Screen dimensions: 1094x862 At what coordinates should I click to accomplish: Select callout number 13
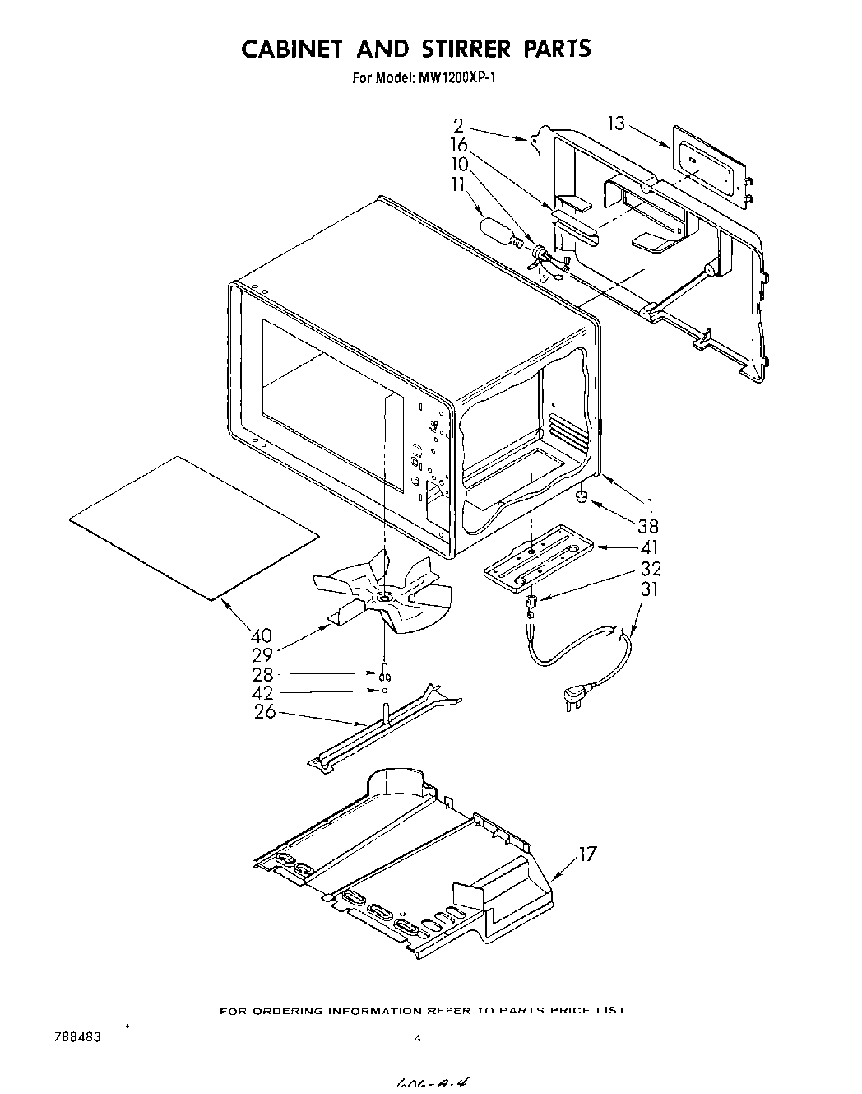point(617,123)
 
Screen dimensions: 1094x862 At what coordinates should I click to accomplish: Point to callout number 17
point(586,854)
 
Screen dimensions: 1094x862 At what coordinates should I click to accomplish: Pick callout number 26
point(264,712)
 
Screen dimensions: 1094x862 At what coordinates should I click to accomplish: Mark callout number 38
point(649,526)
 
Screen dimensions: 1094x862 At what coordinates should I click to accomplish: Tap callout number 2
point(459,127)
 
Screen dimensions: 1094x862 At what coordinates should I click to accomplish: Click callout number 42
point(263,693)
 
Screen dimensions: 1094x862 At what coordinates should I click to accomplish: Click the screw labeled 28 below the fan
point(385,673)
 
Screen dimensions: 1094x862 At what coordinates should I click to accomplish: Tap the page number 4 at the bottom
point(418,1039)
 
